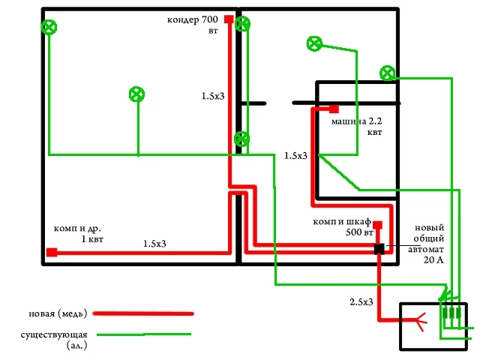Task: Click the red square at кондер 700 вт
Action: tap(227, 19)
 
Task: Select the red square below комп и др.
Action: tap(52, 252)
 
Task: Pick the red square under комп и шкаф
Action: tap(378, 225)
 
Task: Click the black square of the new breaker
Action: tap(379, 249)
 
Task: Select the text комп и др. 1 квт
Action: tap(77, 232)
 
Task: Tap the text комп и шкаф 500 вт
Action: tap(344, 227)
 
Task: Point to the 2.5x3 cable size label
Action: tap(362, 301)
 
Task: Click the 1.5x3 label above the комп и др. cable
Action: tap(155, 244)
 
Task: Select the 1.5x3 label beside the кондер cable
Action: tap(213, 96)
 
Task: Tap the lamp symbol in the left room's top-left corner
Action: tap(49, 28)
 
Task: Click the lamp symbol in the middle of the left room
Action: tap(136, 94)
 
